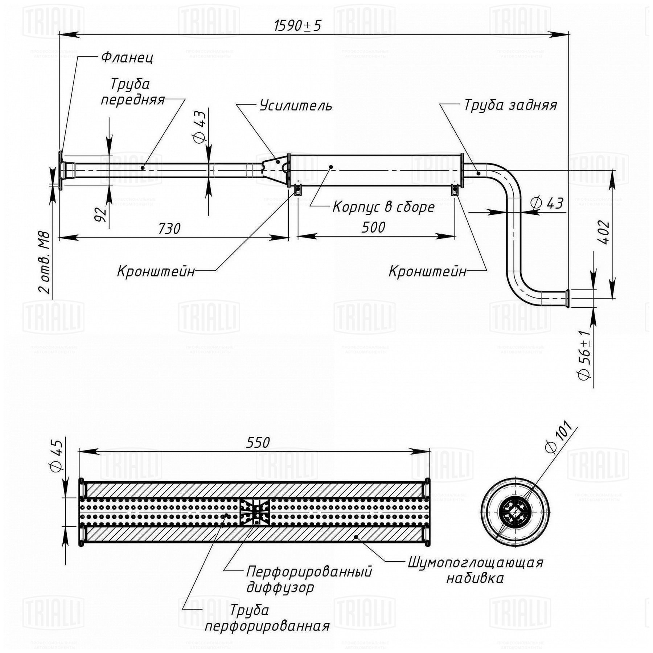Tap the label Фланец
[127, 57]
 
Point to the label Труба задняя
[510, 105]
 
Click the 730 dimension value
[169, 229]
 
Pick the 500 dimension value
[373, 227]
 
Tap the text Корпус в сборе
[383, 207]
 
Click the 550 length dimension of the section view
[258, 442]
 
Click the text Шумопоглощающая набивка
[476, 570]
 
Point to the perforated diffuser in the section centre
[255, 512]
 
